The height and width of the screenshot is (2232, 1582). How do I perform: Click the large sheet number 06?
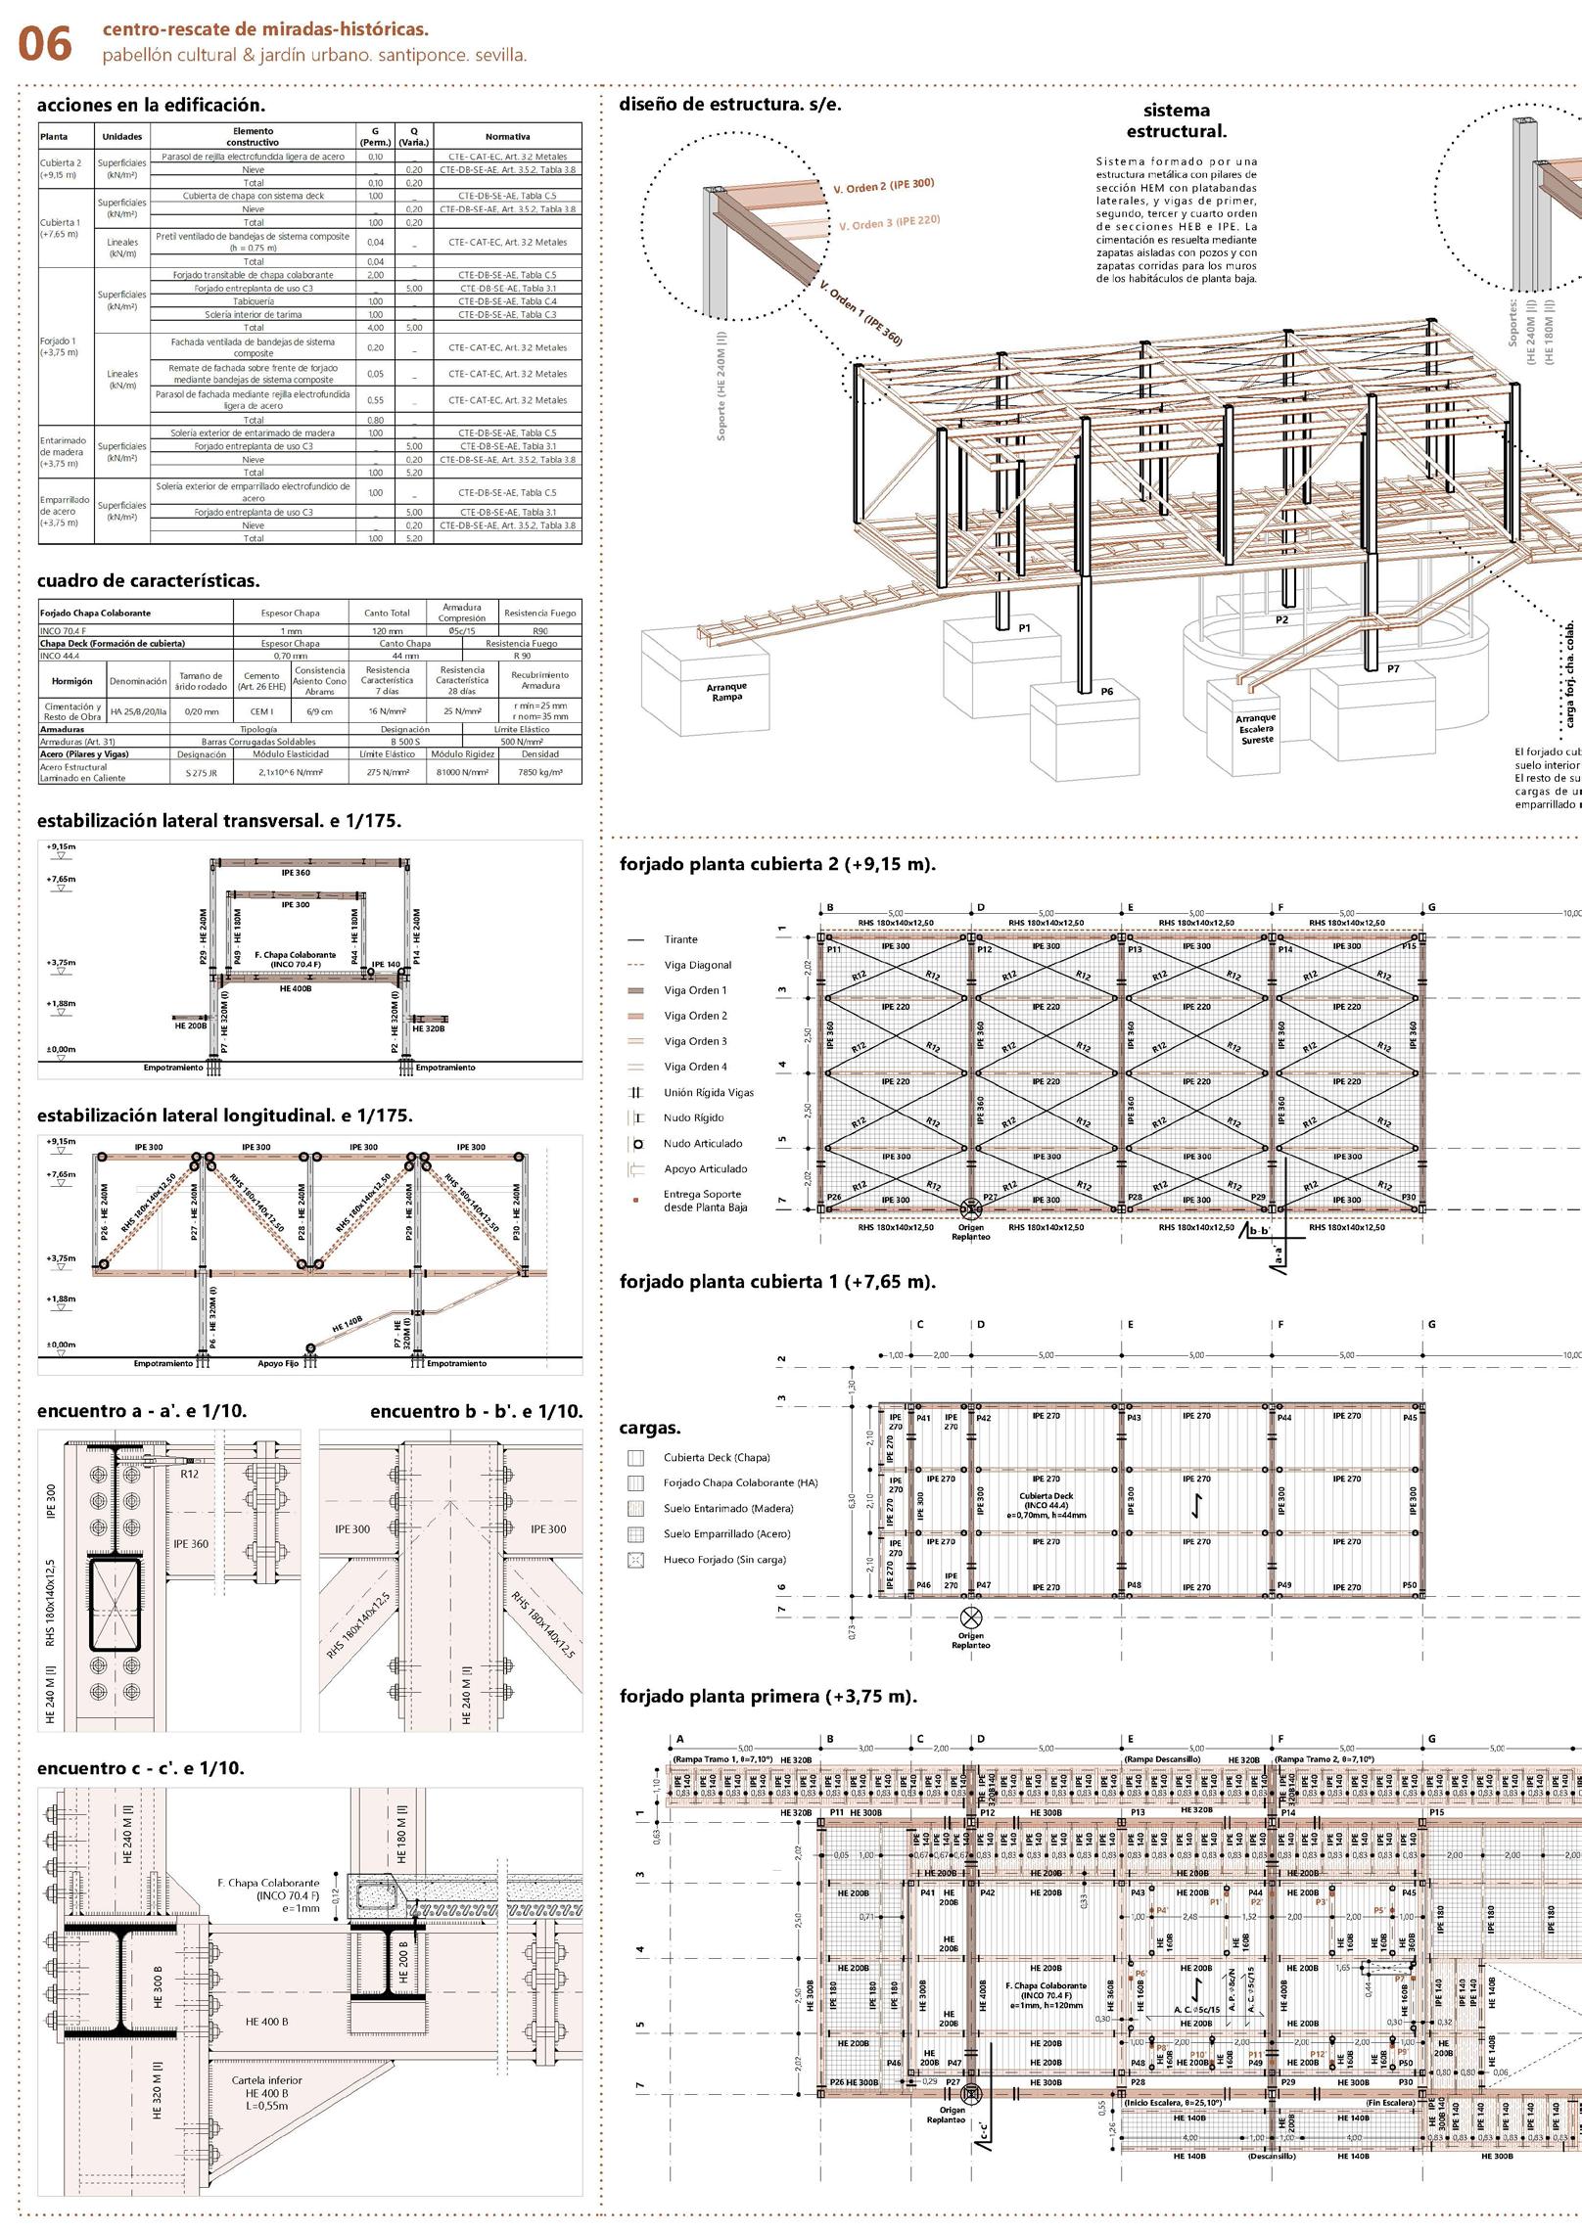pos(45,45)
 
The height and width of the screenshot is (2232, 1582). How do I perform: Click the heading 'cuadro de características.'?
pos(149,580)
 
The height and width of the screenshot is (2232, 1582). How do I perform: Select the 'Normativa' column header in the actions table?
pos(507,137)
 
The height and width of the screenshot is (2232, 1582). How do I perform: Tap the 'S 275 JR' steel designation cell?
pos(202,772)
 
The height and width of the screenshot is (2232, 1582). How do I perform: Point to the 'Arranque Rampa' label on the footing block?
pos(726,692)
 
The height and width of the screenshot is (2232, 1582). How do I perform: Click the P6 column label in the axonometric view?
pos(1106,691)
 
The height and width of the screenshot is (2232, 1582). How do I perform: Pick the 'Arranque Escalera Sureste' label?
pos(1256,729)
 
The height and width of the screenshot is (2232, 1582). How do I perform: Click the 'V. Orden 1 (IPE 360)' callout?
pos(861,314)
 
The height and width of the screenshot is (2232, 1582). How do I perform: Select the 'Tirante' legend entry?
pos(680,939)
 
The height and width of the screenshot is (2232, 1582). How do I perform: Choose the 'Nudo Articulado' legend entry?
pos(703,1143)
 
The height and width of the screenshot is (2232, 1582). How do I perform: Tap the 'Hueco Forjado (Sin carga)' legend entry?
pos(724,1560)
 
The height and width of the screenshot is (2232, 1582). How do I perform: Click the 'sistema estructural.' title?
pos(1176,120)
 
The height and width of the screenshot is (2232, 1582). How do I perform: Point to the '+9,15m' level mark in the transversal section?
pos(61,846)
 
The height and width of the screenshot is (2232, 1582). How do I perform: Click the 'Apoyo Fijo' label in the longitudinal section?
pos(278,1363)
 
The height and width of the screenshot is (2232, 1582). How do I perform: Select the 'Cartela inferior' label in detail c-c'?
pos(266,2080)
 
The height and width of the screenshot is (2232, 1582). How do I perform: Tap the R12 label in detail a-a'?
pos(189,1473)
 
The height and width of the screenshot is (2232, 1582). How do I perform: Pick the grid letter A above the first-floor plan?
pos(678,1739)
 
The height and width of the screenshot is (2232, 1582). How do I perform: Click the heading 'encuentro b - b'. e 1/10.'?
pos(476,1411)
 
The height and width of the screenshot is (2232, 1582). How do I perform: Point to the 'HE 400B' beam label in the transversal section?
pos(295,988)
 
